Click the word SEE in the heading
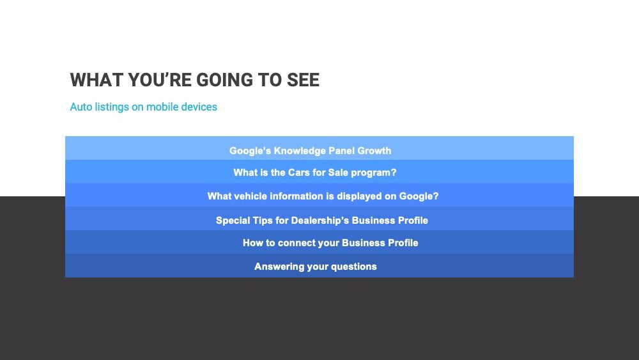303,80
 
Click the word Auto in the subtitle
81,107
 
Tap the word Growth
374,151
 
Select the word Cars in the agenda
299,173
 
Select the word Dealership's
320,221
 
